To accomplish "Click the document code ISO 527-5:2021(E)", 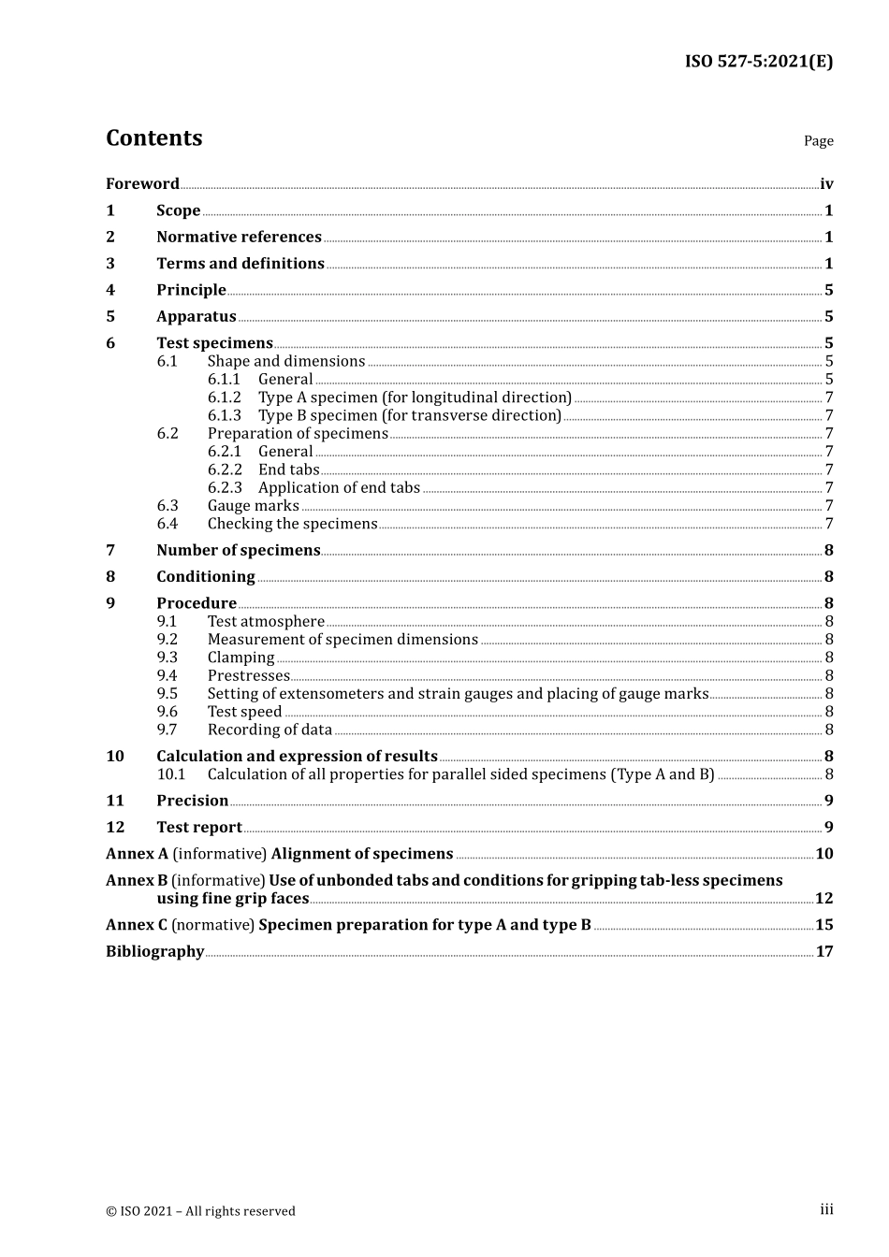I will [758, 62].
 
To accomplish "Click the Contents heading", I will [154, 138].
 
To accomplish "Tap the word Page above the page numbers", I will [818, 141].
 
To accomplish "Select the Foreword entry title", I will [142, 184].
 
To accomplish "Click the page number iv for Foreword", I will [826, 184].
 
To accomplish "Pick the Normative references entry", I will [239, 238].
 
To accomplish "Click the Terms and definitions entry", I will [240, 264].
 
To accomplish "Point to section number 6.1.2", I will [225, 397].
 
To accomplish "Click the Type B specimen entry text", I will [410, 415].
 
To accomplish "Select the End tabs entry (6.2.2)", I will [289, 470].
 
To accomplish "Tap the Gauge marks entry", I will [254, 506].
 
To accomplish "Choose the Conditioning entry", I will [206, 577].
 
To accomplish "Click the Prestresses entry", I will [249, 675].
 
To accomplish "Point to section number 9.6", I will [167, 712].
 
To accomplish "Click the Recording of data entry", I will [270, 730].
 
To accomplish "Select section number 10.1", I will [171, 774].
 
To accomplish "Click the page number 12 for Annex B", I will [823, 899].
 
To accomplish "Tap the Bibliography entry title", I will [155, 952].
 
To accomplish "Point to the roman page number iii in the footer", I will [826, 1209].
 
